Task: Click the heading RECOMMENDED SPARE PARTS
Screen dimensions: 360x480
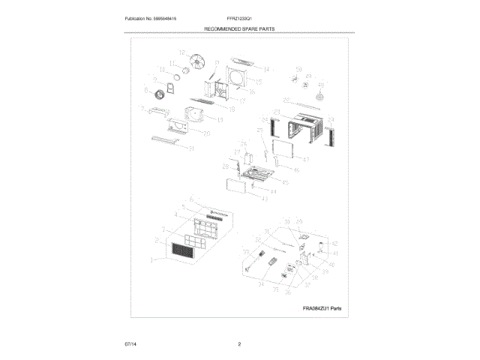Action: click(239, 28)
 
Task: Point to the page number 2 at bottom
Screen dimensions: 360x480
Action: click(239, 344)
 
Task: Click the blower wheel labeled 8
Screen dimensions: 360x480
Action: click(158, 95)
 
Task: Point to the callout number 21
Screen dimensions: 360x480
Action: click(191, 148)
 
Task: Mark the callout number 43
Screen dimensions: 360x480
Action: click(264, 198)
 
